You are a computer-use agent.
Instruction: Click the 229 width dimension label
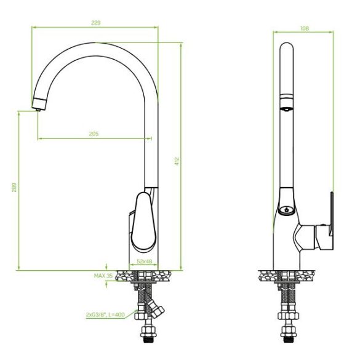(x=96, y=23)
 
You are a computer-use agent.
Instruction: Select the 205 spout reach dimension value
(x=94, y=134)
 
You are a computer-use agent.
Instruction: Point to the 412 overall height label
(x=177, y=161)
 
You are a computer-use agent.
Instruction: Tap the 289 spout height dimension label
(x=14, y=187)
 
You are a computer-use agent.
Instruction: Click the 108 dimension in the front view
(x=305, y=28)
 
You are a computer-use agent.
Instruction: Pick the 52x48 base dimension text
(x=145, y=262)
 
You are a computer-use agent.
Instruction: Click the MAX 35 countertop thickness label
(x=103, y=276)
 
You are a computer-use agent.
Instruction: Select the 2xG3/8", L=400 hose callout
(x=105, y=314)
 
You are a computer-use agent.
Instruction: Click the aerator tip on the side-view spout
(x=38, y=110)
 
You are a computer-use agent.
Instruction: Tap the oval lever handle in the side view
(x=144, y=222)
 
